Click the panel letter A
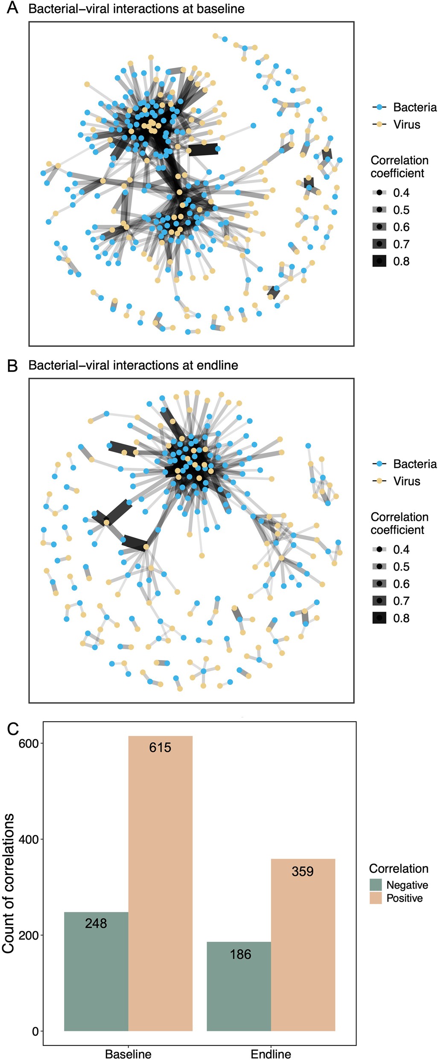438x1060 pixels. [x=13, y=8]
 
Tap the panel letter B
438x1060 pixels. [x=13, y=365]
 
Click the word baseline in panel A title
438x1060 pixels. [x=221, y=9]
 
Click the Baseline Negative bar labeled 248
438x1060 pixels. [x=96, y=972]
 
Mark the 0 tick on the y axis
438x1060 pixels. [x=35, y=1031]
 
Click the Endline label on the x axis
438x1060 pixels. [x=271, y=1054]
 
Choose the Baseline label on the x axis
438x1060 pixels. [x=128, y=1054]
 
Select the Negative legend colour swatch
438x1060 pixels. [x=376, y=884]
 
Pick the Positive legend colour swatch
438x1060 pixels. [x=376, y=898]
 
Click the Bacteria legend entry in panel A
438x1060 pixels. [x=404, y=107]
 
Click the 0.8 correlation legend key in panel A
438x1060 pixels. [x=379, y=261]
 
